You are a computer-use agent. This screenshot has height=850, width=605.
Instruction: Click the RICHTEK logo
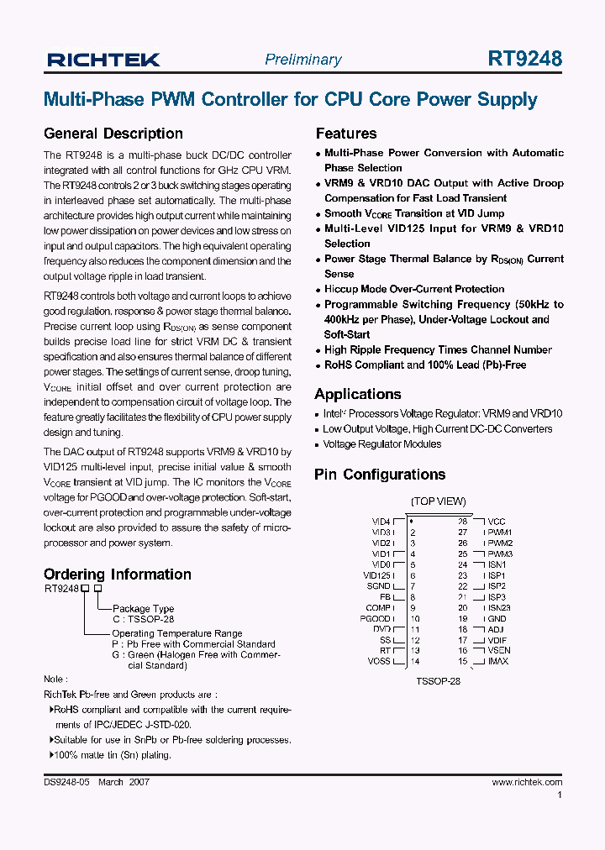click(x=103, y=60)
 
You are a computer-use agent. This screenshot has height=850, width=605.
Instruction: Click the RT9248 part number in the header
click(x=524, y=59)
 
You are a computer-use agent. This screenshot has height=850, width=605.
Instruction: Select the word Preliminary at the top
click(x=302, y=60)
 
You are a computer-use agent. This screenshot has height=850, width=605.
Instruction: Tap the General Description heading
click(x=113, y=134)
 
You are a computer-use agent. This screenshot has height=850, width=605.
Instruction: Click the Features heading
click(x=345, y=134)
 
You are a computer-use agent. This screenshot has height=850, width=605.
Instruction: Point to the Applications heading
click(x=357, y=394)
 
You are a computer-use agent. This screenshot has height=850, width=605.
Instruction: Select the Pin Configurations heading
click(x=379, y=475)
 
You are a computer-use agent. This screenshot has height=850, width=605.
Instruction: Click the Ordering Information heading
click(x=118, y=575)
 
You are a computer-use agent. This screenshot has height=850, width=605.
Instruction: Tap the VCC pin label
click(x=497, y=522)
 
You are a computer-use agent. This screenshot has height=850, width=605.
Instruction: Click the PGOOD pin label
click(x=376, y=619)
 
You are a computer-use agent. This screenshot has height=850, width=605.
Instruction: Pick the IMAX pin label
click(x=498, y=662)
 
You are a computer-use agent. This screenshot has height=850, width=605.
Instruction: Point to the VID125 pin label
click(x=376, y=575)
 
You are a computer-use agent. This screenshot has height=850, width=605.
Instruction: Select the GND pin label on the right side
click(x=497, y=619)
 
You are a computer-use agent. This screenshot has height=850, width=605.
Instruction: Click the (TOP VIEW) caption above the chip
click(x=438, y=501)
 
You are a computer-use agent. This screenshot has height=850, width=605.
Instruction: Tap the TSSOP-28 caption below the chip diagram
click(x=438, y=681)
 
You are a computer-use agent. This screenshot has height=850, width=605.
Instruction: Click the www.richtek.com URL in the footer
click(x=526, y=783)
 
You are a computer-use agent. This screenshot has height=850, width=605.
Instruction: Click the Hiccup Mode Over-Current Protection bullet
click(x=414, y=289)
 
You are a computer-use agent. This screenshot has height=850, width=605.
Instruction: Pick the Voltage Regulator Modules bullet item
click(x=381, y=444)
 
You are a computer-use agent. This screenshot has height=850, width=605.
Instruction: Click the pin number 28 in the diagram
click(x=462, y=522)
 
